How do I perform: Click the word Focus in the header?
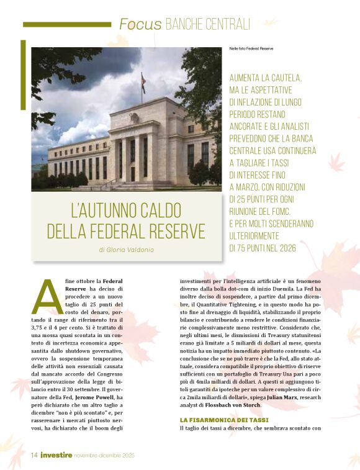click(x=140, y=25)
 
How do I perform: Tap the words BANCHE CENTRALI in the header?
click(x=207, y=25)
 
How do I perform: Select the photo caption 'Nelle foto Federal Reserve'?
click(x=251, y=48)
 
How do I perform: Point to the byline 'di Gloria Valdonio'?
click(x=126, y=250)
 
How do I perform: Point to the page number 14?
click(x=34, y=455)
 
